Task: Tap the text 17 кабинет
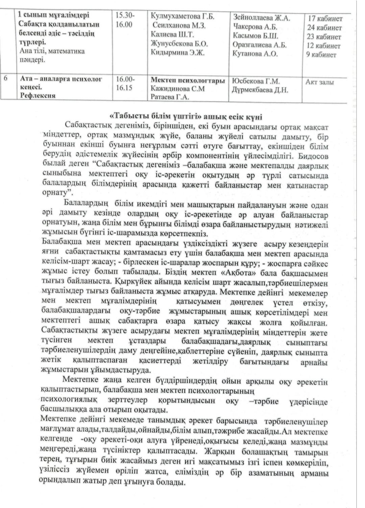click(x=325, y=19)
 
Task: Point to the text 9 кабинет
click(x=321, y=55)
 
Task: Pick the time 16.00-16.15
click(x=124, y=84)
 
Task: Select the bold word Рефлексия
click(x=37, y=96)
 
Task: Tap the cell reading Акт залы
click(x=320, y=82)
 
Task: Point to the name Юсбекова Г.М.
click(x=256, y=81)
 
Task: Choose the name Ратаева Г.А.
click(x=170, y=97)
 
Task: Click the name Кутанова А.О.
click(x=255, y=54)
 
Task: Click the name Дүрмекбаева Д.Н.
click(x=260, y=90)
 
